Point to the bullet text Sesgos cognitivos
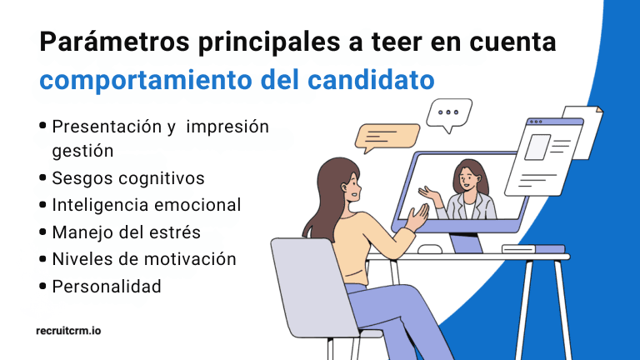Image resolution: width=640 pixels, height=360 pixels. click(x=127, y=178)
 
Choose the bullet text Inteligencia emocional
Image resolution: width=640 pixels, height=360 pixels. click(x=146, y=205)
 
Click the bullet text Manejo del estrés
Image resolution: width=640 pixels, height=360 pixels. click(x=126, y=232)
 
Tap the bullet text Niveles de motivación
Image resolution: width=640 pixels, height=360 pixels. click(x=143, y=259)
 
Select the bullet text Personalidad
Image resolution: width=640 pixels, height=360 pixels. click(x=106, y=286)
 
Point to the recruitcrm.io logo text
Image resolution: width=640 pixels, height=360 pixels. click(x=69, y=331)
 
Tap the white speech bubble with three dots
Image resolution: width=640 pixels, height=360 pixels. click(x=449, y=113)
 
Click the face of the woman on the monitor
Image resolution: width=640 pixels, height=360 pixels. click(x=469, y=177)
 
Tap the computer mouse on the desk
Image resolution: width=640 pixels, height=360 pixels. click(x=430, y=249)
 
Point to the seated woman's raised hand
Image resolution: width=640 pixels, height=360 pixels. click(x=417, y=219)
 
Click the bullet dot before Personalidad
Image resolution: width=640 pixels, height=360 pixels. click(x=42, y=286)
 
